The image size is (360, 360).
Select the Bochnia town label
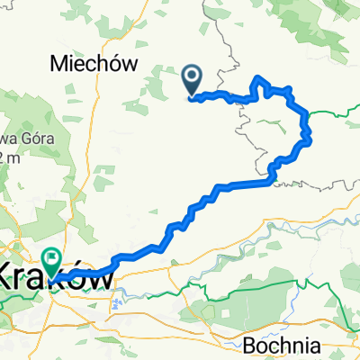(280, 345)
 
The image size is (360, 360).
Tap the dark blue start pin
(192, 80)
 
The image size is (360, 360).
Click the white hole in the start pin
(192, 77)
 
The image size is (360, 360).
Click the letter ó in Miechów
(116, 64)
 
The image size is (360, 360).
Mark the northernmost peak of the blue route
(260, 78)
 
